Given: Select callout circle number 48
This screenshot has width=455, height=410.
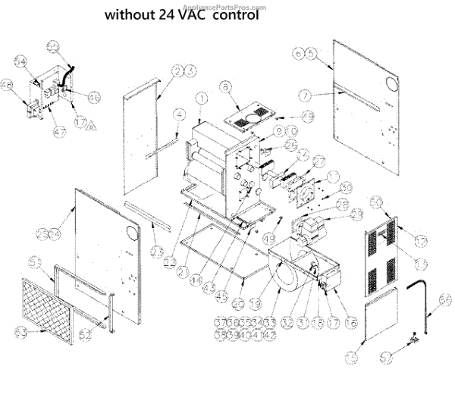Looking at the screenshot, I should tap(7, 84).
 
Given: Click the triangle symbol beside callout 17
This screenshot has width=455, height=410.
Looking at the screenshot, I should tap(92, 124).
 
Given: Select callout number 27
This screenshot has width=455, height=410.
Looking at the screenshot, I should tap(318, 161).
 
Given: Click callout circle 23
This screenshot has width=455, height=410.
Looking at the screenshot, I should tap(157, 251).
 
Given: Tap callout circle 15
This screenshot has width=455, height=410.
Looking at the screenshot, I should tap(350, 357).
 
